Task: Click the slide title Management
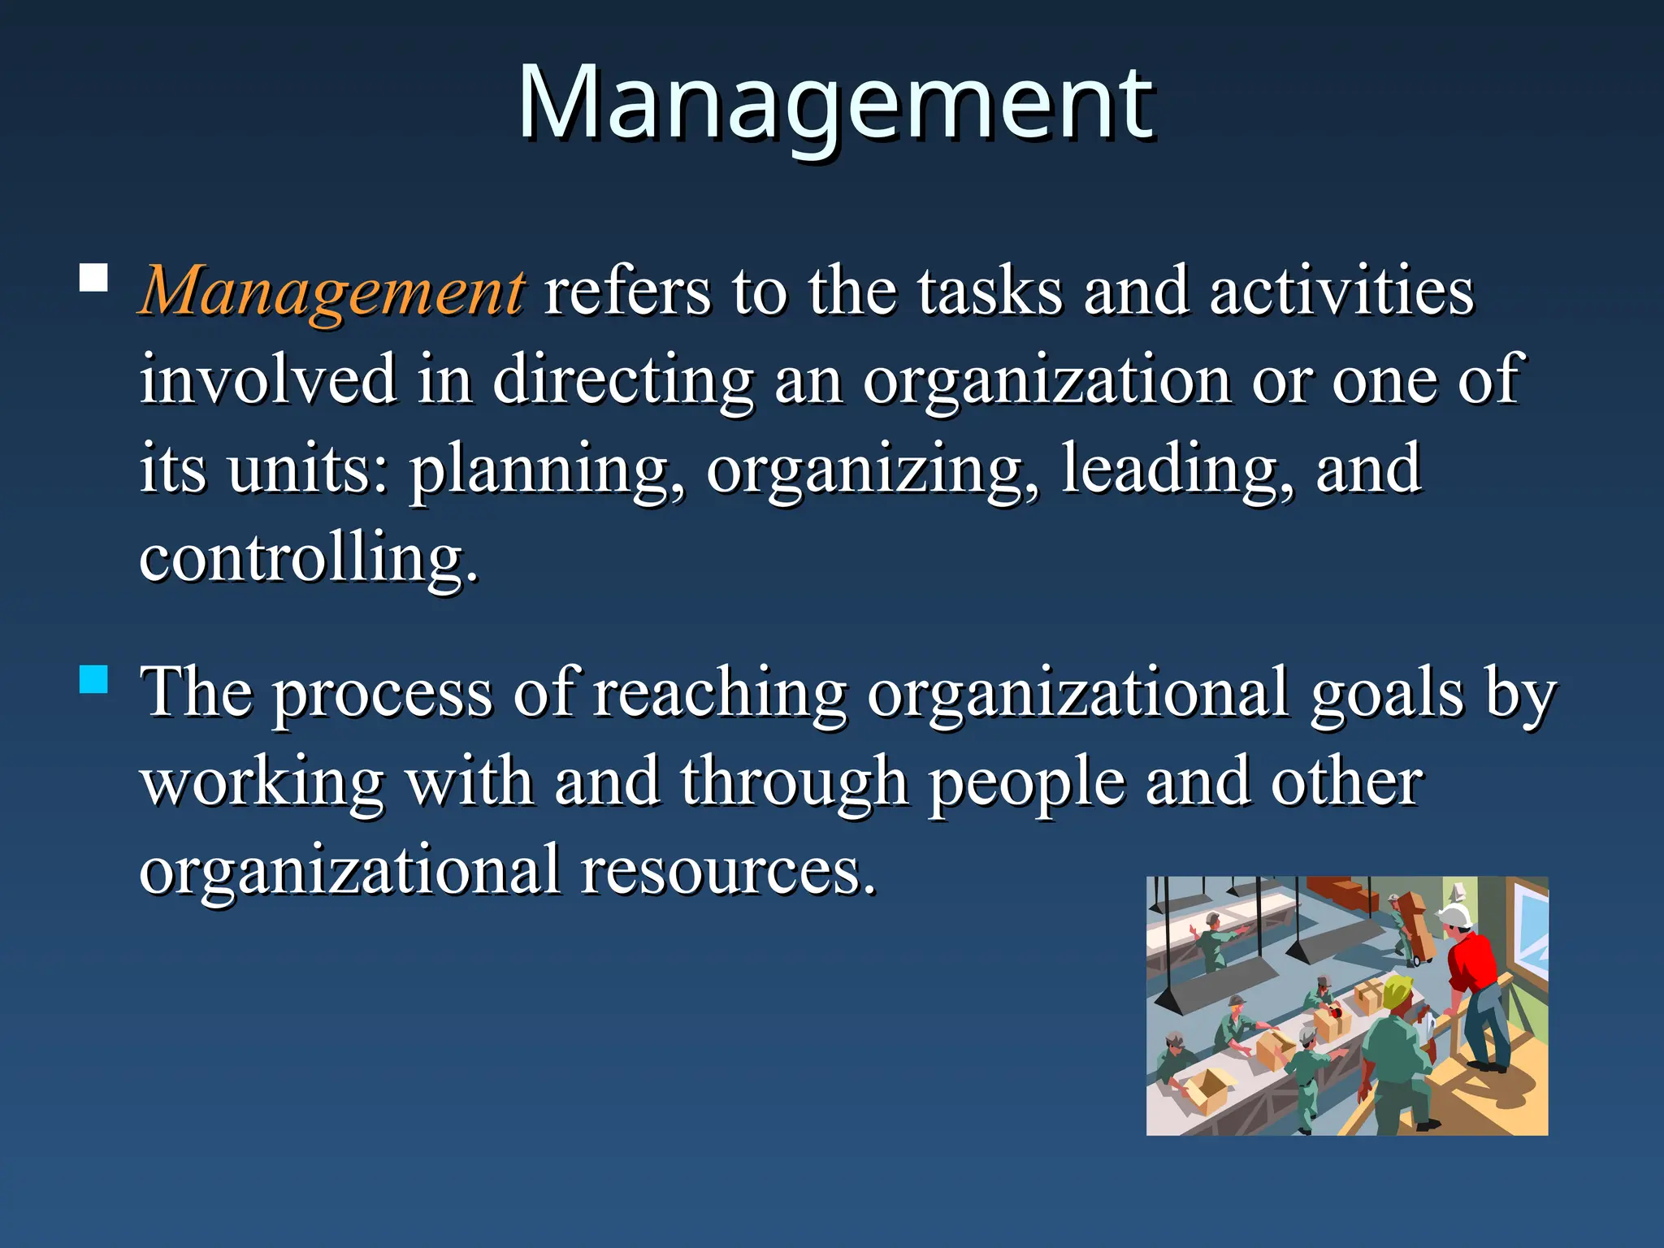(x=835, y=104)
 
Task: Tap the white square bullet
(x=94, y=278)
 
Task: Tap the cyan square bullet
(x=94, y=678)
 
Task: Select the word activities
(x=1341, y=291)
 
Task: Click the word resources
(x=728, y=871)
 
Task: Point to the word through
(x=794, y=783)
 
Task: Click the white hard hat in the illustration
(x=1454, y=916)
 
